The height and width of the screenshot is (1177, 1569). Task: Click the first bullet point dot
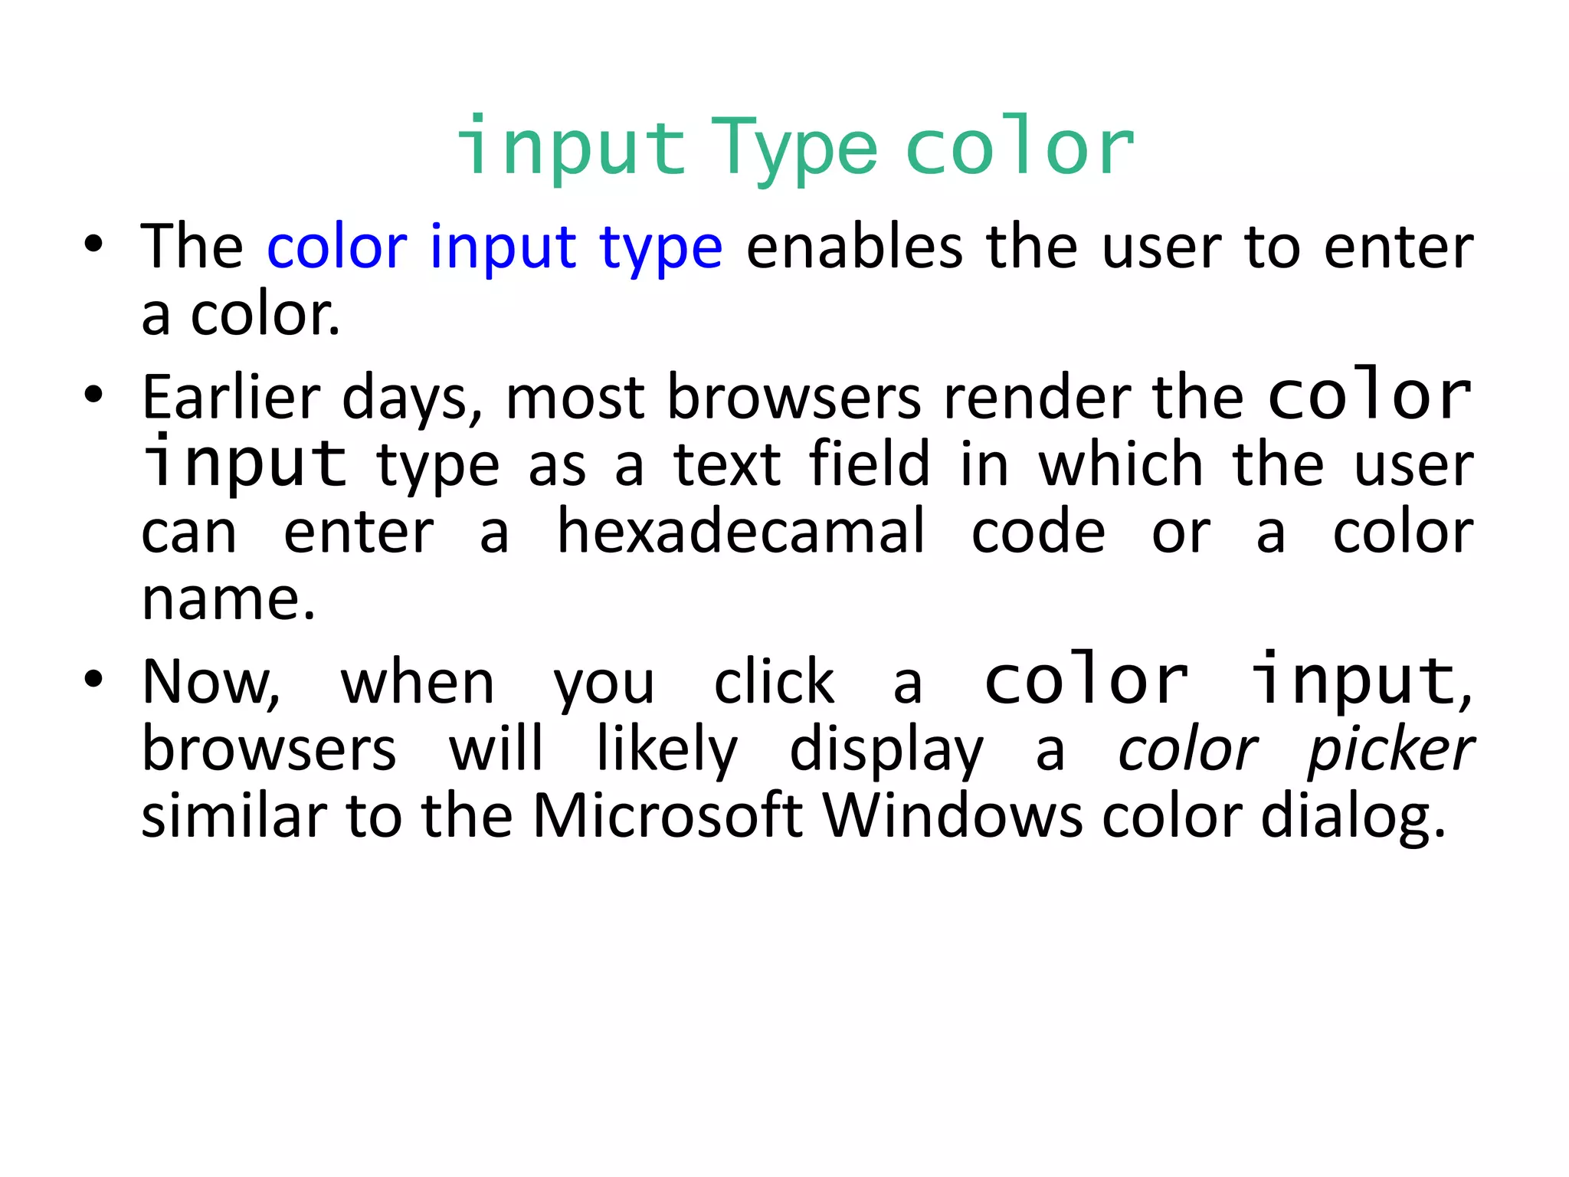(93, 244)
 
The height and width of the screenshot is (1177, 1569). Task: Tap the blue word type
(660, 248)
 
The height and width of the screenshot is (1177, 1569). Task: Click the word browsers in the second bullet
(794, 398)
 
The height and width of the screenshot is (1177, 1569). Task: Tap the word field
(869, 464)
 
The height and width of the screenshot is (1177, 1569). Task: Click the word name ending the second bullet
(228, 598)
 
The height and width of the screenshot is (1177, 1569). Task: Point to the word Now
(211, 681)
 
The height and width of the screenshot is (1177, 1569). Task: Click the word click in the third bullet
(774, 681)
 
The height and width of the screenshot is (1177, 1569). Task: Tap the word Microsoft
(667, 815)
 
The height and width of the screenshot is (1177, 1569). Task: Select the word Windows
(953, 815)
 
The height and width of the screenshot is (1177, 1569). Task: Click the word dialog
(1353, 817)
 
